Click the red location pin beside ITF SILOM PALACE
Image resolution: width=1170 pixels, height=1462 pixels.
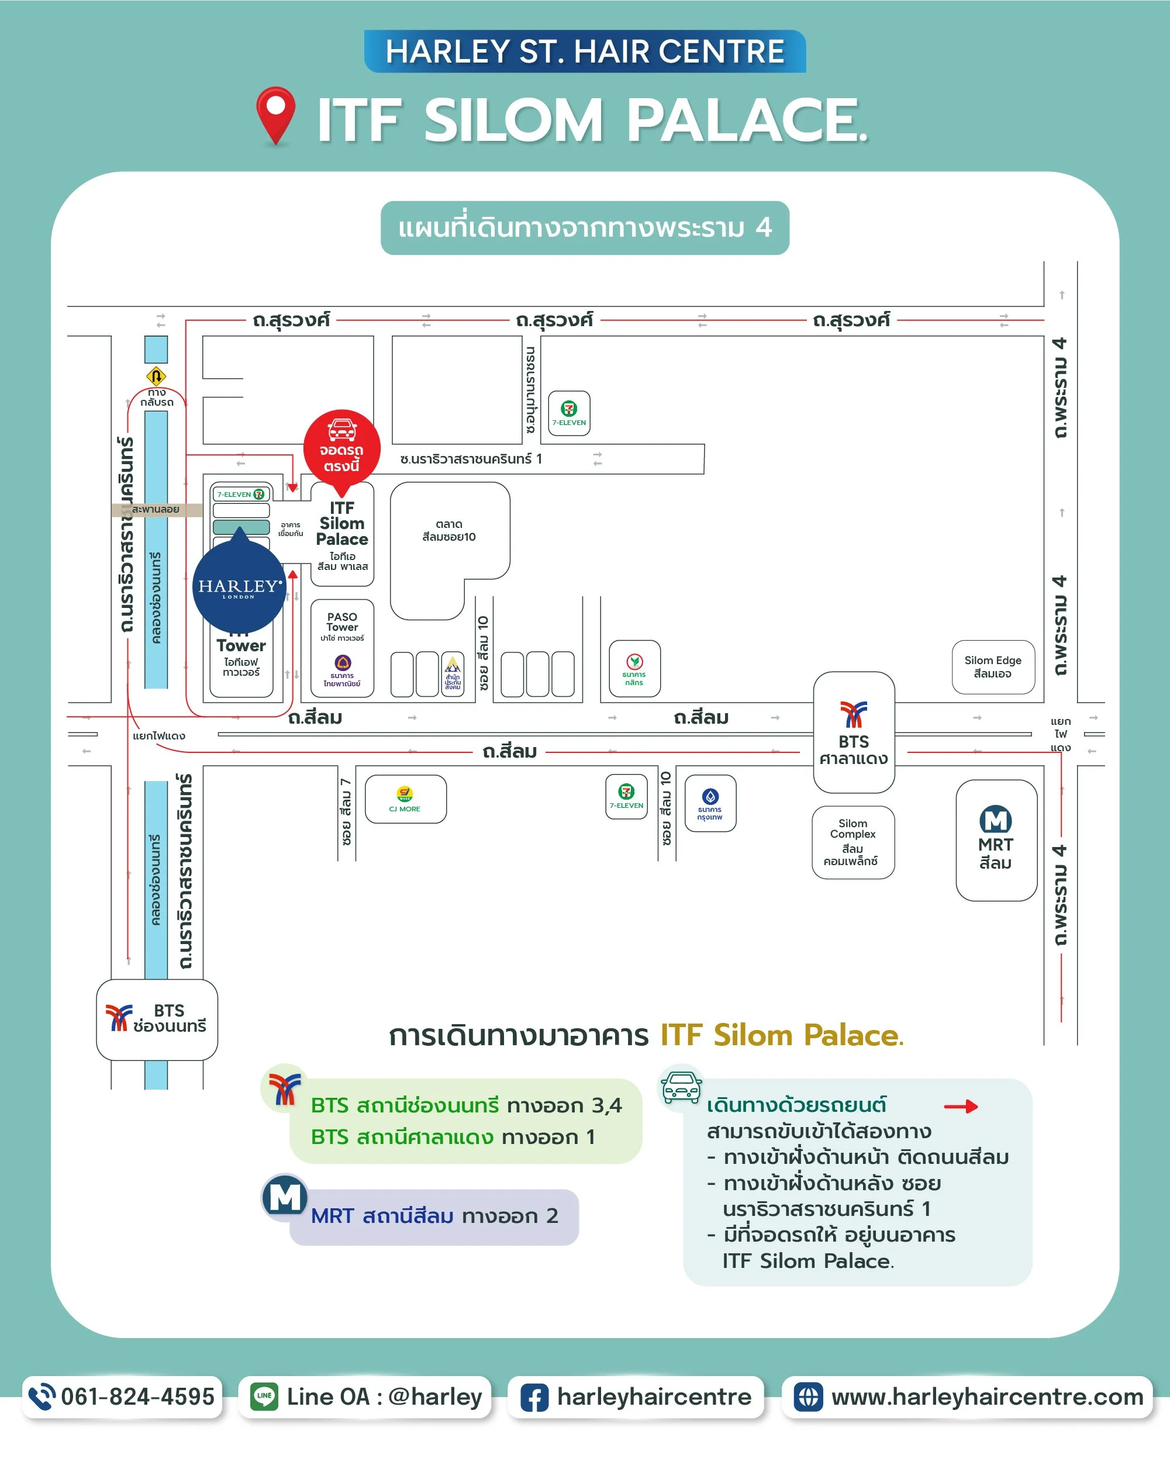[275, 114]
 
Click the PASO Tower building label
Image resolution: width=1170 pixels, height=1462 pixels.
[342, 623]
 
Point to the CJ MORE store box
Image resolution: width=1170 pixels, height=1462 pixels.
[406, 799]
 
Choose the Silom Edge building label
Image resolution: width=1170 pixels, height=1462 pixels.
[993, 666]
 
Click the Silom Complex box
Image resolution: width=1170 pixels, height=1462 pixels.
[853, 842]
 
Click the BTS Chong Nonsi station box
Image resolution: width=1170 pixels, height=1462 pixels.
[157, 1019]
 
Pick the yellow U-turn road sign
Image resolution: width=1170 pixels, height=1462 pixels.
[156, 376]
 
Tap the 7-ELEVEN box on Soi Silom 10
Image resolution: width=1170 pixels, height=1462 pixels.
[626, 796]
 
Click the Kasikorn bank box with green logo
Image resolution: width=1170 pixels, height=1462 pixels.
[634, 669]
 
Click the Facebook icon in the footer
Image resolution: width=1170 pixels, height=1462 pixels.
[534, 1398]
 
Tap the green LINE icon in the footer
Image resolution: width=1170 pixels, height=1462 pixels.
[264, 1397]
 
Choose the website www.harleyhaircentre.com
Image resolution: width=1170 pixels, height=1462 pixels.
[987, 1397]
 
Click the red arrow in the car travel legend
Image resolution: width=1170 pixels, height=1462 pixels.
[961, 1107]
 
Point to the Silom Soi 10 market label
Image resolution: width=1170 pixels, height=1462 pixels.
[449, 530]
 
